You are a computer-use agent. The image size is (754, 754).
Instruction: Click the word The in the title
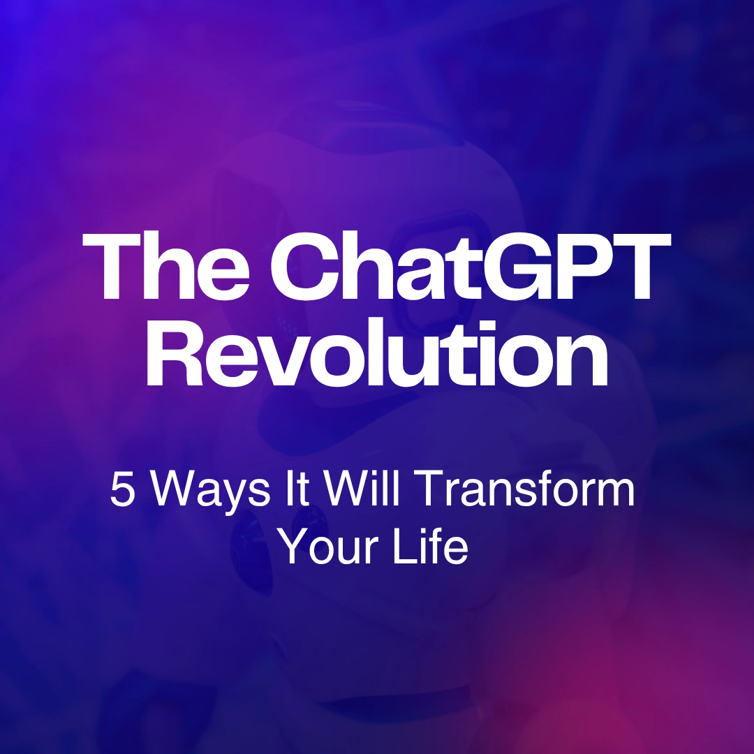[x=166, y=266]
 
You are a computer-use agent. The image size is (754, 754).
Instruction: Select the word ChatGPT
[x=471, y=266]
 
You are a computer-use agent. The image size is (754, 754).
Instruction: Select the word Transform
[x=524, y=489]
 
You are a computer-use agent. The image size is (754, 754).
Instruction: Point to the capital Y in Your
[x=293, y=546]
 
